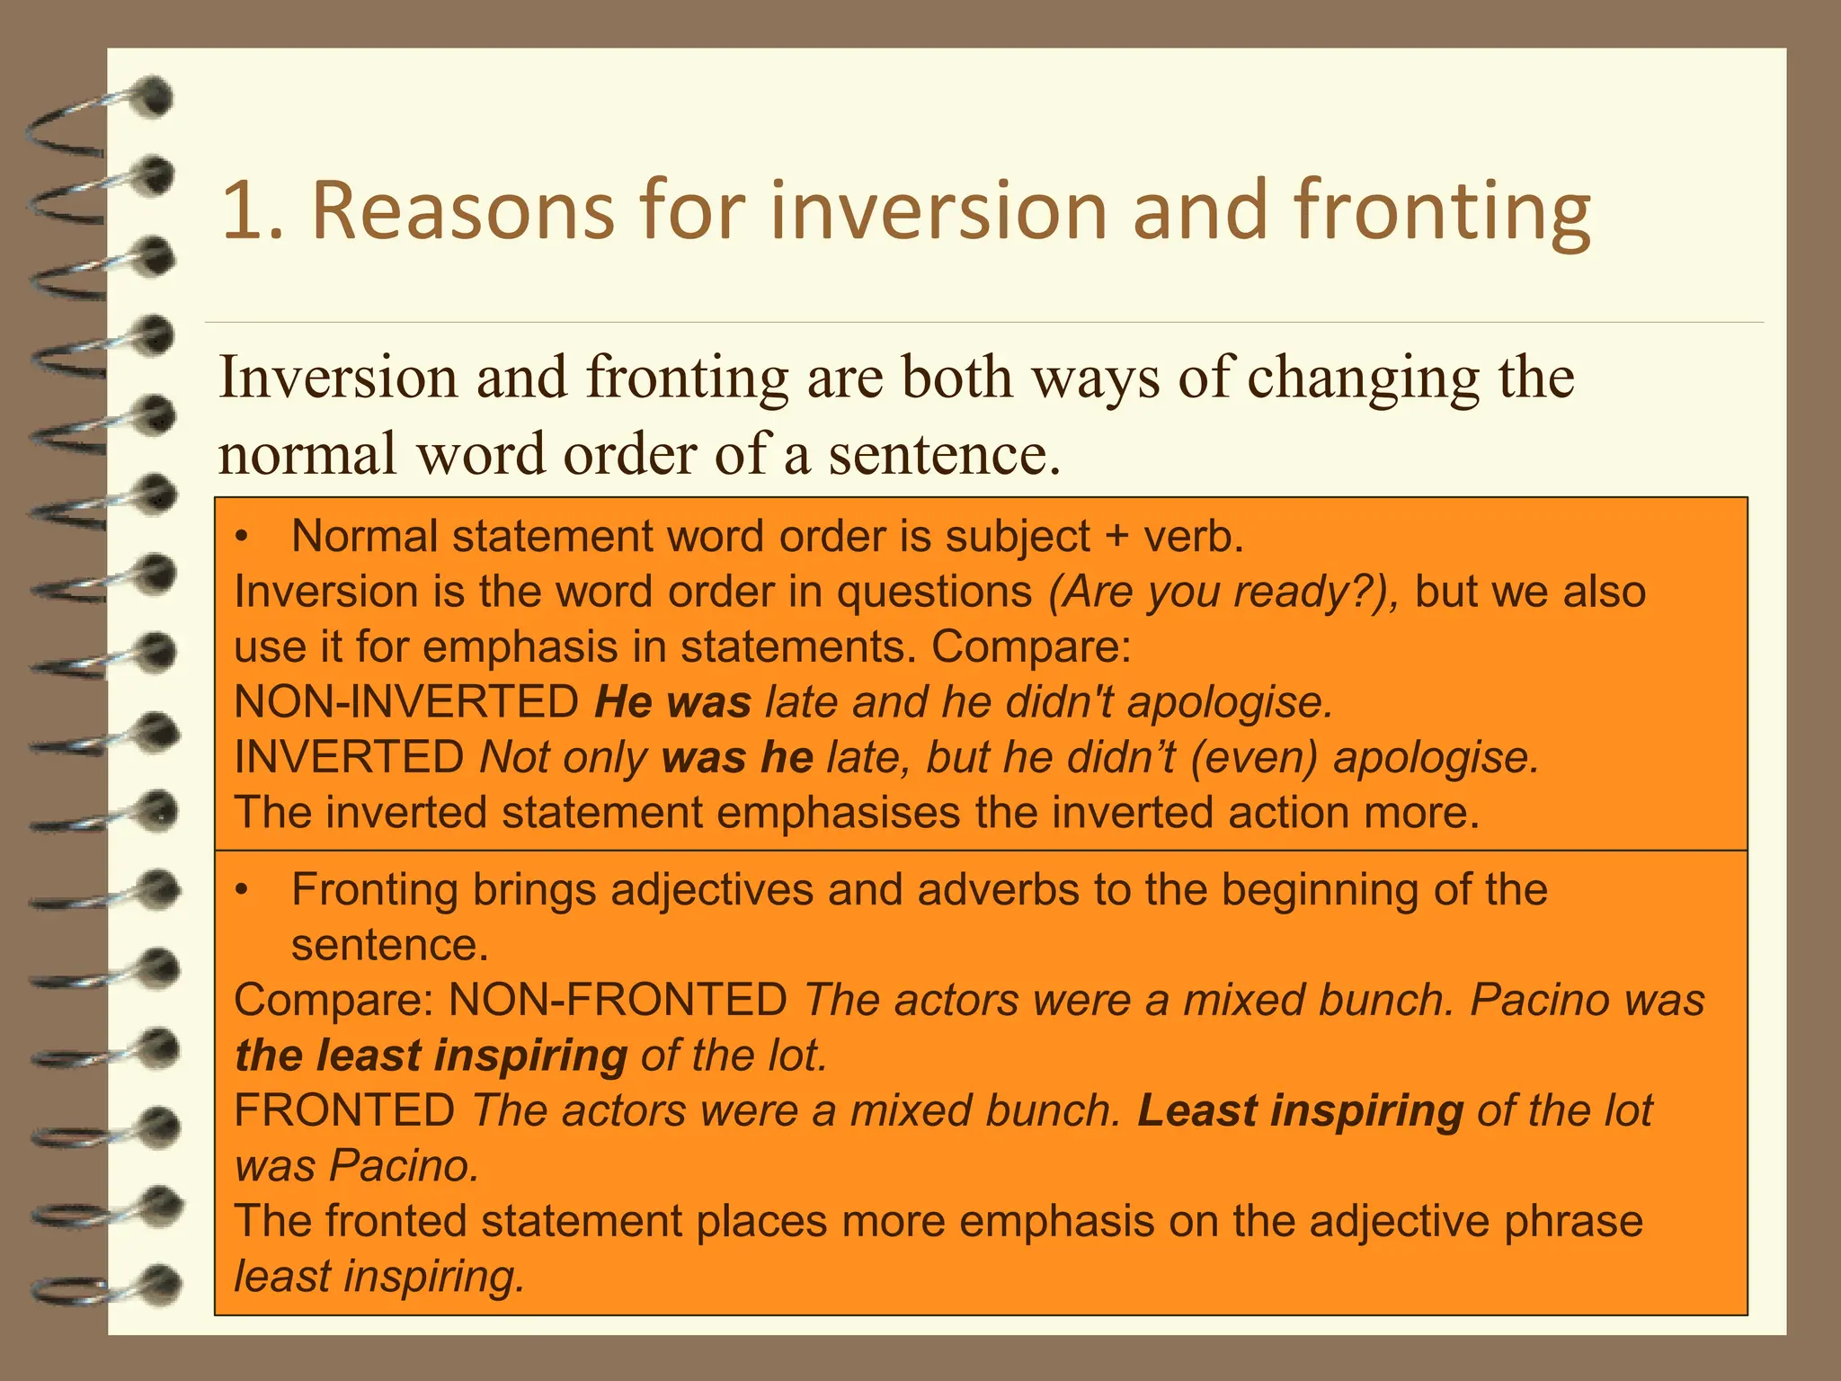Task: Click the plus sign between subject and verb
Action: [x=1116, y=538]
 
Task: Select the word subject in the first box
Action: [x=1018, y=538]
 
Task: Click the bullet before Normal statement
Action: [x=241, y=538]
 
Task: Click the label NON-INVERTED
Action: [x=406, y=702]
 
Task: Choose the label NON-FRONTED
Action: [x=618, y=1001]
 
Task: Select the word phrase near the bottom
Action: [x=1573, y=1222]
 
